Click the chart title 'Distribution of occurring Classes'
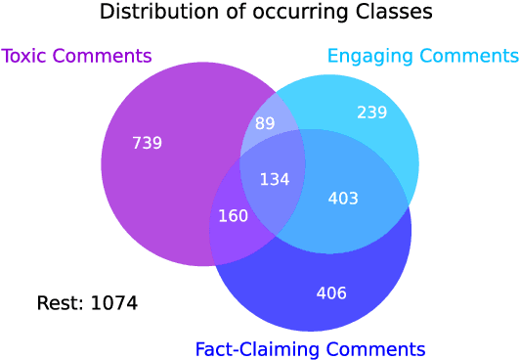[x=266, y=14]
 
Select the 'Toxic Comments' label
[x=77, y=56]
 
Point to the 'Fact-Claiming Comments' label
[x=310, y=348]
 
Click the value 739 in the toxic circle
[x=147, y=143]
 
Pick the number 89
[x=265, y=123]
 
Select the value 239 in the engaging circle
[x=371, y=112]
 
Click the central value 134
[x=274, y=179]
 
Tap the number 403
[x=343, y=199]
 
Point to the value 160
[x=233, y=215]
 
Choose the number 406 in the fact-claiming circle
[x=331, y=292]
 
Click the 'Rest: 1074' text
[x=87, y=303]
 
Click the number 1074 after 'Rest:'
[x=113, y=303]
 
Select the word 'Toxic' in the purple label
[x=25, y=56]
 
